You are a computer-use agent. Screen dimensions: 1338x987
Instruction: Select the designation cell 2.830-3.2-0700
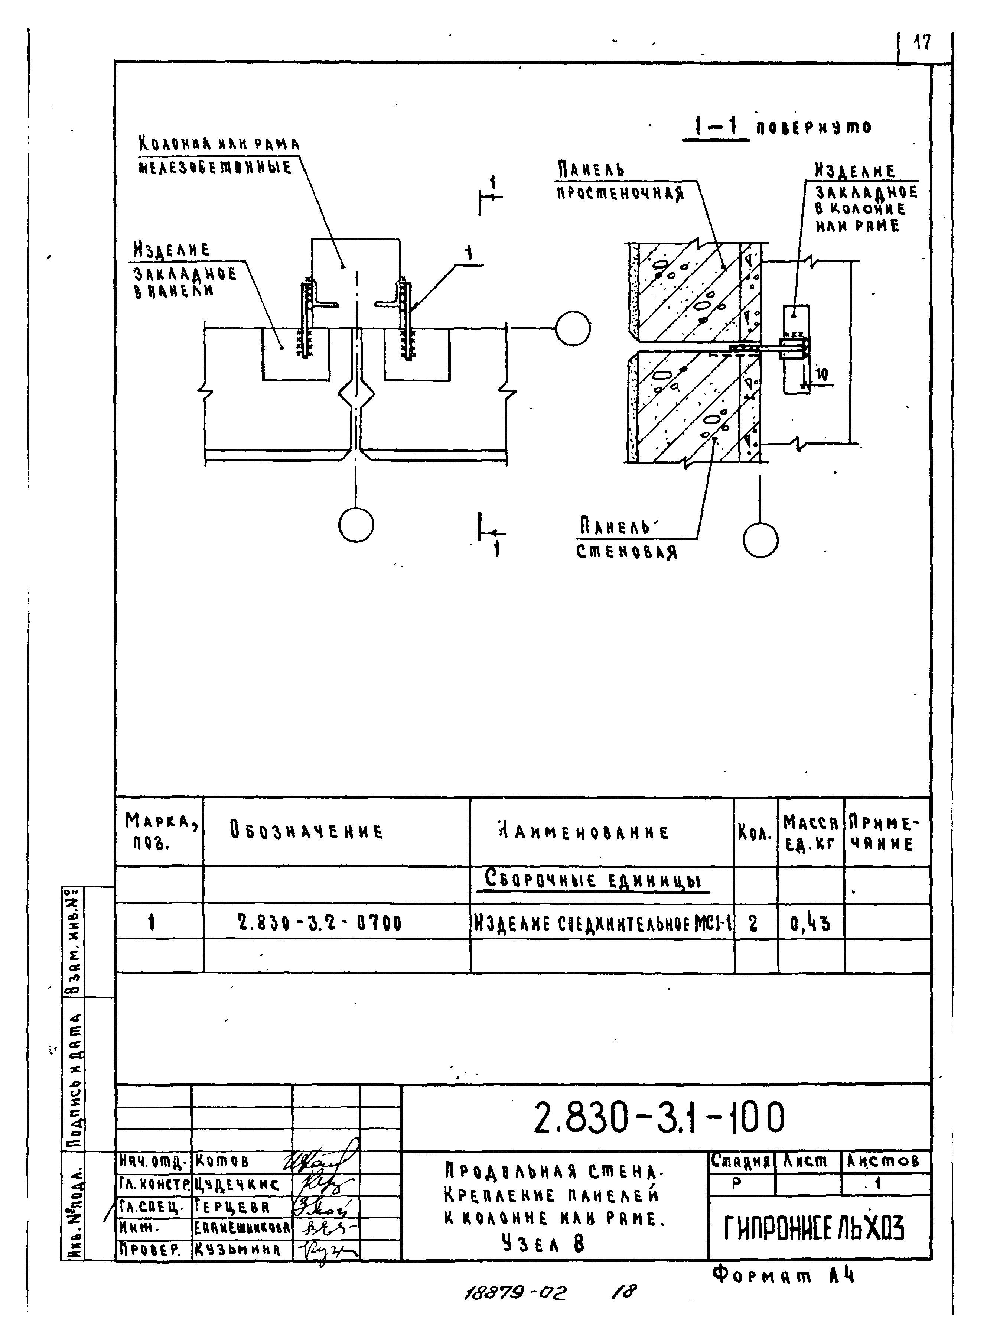(320, 923)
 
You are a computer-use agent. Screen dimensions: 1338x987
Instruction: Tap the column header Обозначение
(306, 831)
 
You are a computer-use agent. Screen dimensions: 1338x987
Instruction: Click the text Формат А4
(783, 1276)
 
